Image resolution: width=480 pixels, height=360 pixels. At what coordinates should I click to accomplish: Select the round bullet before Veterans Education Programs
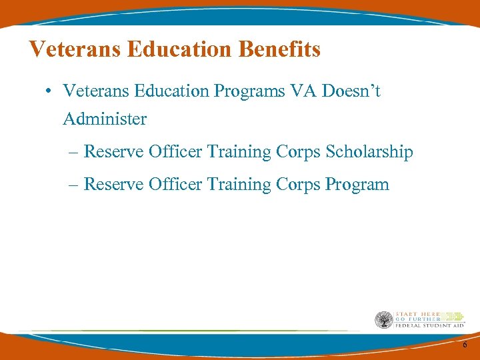51,91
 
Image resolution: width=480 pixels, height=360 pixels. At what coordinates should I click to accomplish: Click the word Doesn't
352,91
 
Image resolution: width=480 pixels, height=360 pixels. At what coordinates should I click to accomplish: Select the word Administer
105,119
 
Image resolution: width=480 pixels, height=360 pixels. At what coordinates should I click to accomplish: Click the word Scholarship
369,152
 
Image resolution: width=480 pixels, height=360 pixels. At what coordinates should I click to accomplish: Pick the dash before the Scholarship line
73,153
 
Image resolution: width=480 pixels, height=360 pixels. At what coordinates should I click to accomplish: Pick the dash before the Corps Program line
73,184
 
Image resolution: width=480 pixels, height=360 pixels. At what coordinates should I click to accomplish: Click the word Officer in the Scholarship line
175,151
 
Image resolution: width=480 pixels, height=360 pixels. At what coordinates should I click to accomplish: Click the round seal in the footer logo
383,320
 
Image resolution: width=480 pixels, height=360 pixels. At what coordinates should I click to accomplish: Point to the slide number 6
465,344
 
